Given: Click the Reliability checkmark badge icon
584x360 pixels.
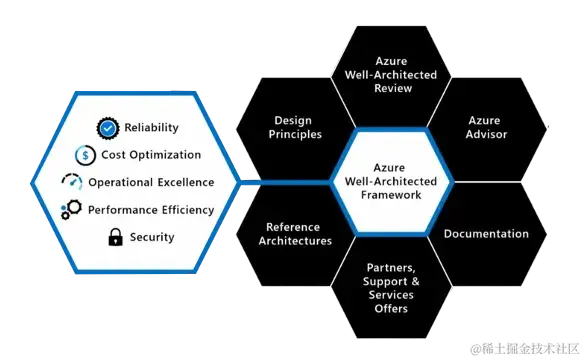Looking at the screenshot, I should coord(109,128).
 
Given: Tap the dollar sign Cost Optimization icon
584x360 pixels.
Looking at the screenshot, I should coord(86,155).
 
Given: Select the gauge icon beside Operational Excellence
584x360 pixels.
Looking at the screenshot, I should coord(73,182).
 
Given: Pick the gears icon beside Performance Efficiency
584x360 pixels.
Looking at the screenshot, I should coord(71,210).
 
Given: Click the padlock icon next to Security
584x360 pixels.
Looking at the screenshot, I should coord(115,237).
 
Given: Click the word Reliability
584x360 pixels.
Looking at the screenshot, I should coord(151,128).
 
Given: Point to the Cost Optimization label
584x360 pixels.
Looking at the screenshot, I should coord(151,155).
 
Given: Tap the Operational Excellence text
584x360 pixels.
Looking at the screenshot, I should coord(151,182).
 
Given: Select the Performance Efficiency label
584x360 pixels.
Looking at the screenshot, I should coord(151,210).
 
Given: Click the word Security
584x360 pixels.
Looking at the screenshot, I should coord(152,237).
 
